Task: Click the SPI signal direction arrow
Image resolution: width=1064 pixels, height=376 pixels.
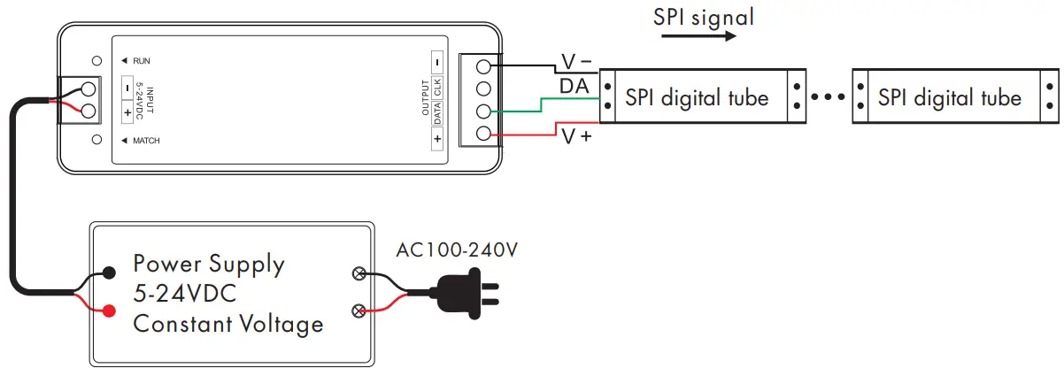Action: click(698, 36)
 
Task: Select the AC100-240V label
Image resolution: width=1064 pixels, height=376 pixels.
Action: click(456, 250)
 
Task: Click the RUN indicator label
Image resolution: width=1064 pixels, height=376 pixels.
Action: click(141, 61)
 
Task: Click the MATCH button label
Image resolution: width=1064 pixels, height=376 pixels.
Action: click(146, 141)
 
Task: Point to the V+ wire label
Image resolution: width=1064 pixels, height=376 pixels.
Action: click(575, 137)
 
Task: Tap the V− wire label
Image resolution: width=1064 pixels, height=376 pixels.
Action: click(576, 63)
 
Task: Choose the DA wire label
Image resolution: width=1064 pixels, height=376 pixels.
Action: click(574, 86)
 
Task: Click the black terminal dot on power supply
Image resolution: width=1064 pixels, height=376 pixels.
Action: click(109, 272)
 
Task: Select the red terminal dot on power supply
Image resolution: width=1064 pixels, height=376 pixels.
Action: click(109, 311)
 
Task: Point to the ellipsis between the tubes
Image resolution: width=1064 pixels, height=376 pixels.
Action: click(829, 97)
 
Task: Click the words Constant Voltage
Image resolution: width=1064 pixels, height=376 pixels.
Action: click(227, 324)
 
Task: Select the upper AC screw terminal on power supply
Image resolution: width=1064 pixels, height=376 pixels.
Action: click(359, 273)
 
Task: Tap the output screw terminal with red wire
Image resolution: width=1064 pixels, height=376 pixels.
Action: click(483, 134)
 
